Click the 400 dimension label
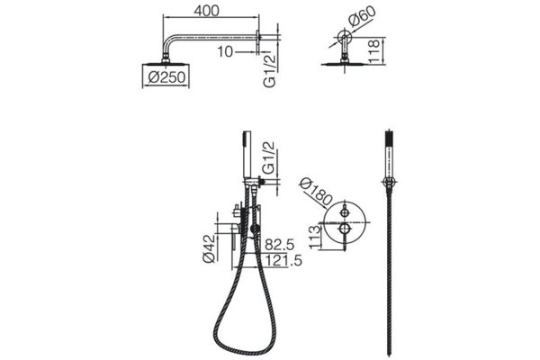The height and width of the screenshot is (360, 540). [206, 11]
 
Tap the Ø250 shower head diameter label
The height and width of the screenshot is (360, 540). [166, 77]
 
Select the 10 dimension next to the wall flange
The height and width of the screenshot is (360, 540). [225, 52]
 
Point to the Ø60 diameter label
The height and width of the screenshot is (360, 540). [362, 16]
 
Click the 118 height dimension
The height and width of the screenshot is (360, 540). [373, 51]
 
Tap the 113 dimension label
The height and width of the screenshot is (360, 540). [314, 238]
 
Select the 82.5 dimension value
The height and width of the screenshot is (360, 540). [280, 245]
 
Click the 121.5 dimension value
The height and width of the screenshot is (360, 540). [283, 260]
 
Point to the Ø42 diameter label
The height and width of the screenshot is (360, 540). [209, 248]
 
